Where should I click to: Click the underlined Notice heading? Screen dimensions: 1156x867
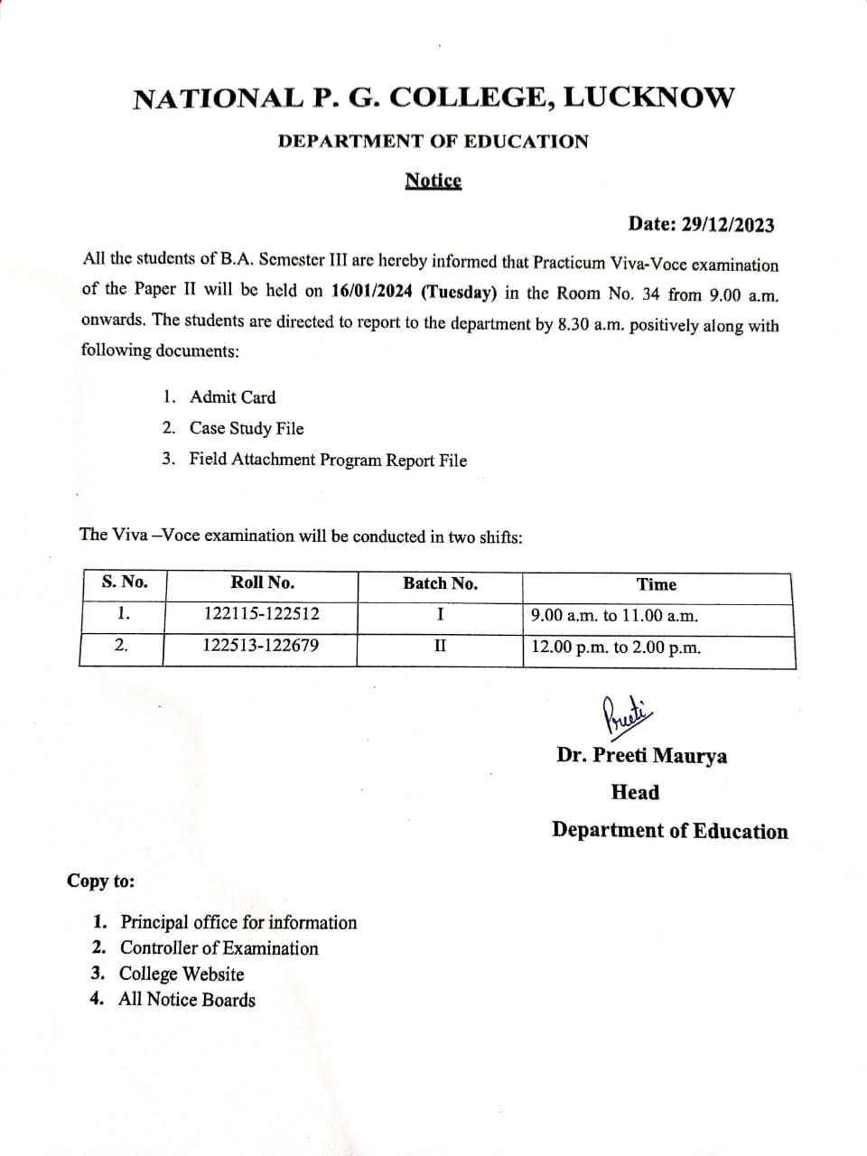click(433, 181)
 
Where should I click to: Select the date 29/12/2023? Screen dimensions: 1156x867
click(727, 224)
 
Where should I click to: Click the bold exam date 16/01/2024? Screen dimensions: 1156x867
click(372, 292)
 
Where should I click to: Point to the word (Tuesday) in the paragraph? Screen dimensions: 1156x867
click(460, 292)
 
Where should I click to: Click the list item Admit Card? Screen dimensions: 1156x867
click(232, 397)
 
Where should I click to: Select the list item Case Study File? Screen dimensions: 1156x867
click(246, 428)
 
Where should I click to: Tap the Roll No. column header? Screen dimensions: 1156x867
click(262, 583)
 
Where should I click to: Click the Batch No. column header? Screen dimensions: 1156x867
click(440, 583)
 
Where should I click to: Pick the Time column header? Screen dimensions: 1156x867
click(657, 584)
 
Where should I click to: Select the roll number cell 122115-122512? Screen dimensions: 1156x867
click(261, 614)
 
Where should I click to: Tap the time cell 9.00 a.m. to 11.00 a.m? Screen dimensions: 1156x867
click(614, 616)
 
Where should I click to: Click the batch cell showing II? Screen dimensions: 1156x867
click(440, 647)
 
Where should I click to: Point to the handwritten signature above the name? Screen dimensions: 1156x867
click(625, 713)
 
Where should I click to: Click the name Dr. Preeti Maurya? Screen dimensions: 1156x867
click(641, 755)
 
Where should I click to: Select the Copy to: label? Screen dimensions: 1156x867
click(100, 881)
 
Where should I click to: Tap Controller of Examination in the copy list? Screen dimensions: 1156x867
click(219, 948)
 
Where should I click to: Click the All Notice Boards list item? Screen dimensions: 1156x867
click(186, 1000)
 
